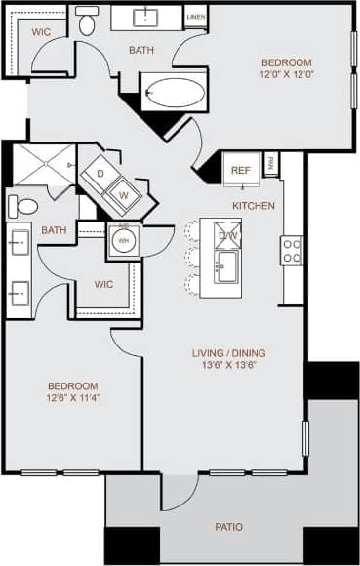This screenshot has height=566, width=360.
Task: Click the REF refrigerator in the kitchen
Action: (240, 170)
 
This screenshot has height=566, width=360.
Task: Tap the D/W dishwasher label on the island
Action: (227, 235)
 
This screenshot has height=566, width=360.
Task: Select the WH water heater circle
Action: (123, 241)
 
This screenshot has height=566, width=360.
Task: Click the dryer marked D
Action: (100, 173)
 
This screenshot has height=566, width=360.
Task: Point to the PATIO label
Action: (229, 528)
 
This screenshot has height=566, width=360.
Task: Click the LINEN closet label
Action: (195, 18)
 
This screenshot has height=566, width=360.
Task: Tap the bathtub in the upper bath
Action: (175, 94)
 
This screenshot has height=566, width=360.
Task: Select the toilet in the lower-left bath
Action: (22, 206)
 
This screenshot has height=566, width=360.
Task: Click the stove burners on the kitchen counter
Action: (292, 251)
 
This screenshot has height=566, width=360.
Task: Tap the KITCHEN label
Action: (253, 206)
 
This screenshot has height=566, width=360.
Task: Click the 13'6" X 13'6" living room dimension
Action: (228, 368)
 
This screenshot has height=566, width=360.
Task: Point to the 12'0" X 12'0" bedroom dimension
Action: (287, 73)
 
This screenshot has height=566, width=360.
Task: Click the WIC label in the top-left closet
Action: (41, 31)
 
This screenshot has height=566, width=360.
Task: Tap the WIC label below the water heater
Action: (105, 286)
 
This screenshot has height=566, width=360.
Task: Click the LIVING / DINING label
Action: (229, 353)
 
